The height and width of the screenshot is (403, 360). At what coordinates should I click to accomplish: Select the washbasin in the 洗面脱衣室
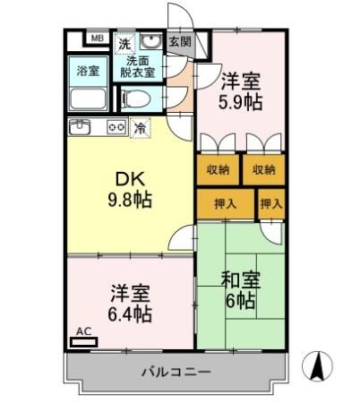click(151, 41)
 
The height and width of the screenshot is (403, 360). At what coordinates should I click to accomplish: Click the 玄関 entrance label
click(179, 40)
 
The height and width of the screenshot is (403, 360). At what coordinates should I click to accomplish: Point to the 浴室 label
click(87, 70)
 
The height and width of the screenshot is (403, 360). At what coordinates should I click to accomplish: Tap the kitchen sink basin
click(81, 126)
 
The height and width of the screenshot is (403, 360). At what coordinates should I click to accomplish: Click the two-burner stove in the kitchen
click(117, 126)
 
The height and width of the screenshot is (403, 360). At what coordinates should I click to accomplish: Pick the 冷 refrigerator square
click(141, 128)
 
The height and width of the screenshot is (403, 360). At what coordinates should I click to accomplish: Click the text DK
click(125, 178)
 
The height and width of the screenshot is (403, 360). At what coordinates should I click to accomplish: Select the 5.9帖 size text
click(242, 102)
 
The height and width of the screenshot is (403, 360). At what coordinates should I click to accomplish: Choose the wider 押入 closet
click(225, 204)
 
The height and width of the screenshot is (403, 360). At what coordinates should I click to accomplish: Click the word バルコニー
click(175, 371)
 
